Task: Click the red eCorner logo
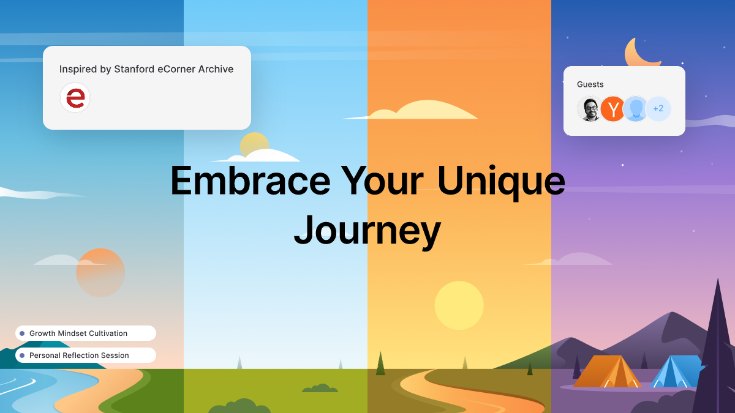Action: [75, 98]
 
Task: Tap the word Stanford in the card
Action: [134, 69]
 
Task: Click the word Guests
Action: [590, 84]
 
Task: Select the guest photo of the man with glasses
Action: [590, 109]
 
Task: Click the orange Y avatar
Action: [612, 109]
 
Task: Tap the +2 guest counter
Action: [658, 109]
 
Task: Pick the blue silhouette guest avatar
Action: [636, 109]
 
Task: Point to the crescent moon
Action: [640, 54]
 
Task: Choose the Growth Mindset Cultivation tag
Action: [86, 333]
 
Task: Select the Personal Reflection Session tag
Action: [86, 355]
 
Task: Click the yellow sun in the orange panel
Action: [459, 305]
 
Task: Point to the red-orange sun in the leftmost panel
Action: [100, 273]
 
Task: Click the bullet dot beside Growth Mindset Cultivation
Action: [22, 333]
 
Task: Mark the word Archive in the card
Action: [215, 69]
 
